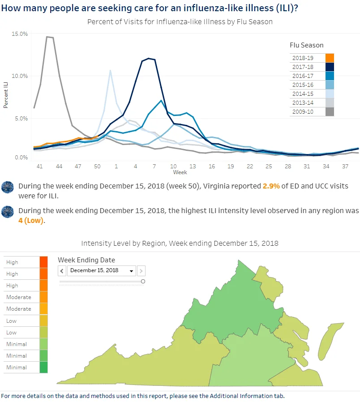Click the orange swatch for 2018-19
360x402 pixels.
pos(330,58)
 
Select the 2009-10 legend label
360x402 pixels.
pos(303,112)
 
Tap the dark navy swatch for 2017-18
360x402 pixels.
pos(330,67)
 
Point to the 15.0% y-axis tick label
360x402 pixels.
pos(20,34)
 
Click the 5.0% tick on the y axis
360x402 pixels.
pos(21,119)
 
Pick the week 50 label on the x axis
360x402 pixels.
pos(97,167)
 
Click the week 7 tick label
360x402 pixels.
pos(154,167)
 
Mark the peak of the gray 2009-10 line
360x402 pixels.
pos(47,37)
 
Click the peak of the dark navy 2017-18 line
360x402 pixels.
pos(149,59)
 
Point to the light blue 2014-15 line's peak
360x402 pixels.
pos(110,70)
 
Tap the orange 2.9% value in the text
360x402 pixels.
pos(271,186)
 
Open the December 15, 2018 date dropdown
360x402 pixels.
pos(102,271)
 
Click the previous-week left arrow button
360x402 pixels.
pos(62,271)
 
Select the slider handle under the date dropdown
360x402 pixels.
pos(143,282)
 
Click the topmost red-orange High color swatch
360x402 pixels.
pos(43,262)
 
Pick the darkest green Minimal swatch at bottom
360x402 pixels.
pos(43,367)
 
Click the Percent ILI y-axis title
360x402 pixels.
pos(6,95)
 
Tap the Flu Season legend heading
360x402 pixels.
pos(307,45)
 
